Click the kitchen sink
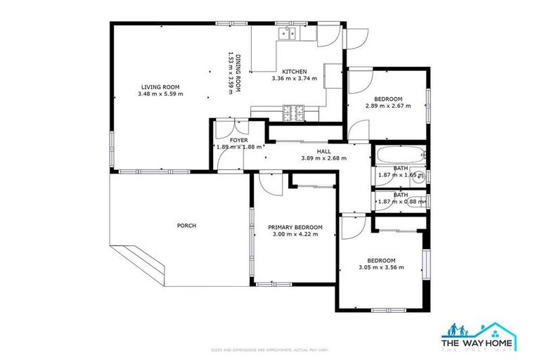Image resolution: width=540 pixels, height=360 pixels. pyautogui.click(x=287, y=33)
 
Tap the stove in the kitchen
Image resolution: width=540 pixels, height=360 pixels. pyautogui.click(x=292, y=110)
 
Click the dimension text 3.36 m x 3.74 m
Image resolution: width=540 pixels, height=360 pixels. pyautogui.click(x=294, y=79)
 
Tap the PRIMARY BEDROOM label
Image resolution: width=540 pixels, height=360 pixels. pyautogui.click(x=295, y=227)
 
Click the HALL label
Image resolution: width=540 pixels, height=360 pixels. pyautogui.click(x=323, y=151)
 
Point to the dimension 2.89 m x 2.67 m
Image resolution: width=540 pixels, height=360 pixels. pyautogui.click(x=387, y=105)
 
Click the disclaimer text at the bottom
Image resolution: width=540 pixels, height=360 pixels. pyautogui.click(x=270, y=349)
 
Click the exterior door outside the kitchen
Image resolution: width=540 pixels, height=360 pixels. pyautogui.click(x=357, y=37)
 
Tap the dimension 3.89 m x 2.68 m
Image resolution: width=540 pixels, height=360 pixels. pyautogui.click(x=323, y=158)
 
